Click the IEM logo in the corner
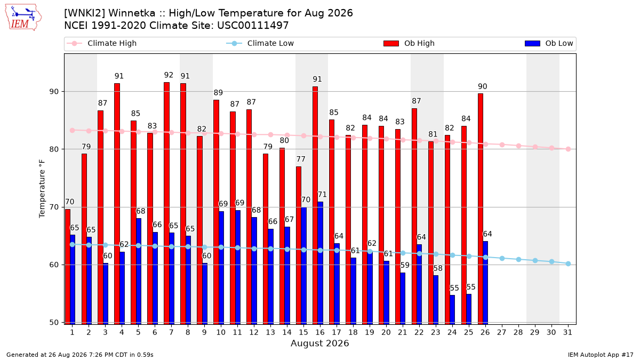(x=23, y=18)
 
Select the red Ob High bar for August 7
(x=166, y=203)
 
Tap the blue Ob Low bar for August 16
(x=321, y=263)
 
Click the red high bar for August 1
(x=68, y=267)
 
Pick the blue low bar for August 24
(x=452, y=310)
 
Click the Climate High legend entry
(x=101, y=43)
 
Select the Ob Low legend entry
(x=549, y=43)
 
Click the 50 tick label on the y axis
(x=54, y=322)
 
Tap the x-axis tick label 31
(x=567, y=332)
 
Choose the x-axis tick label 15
(x=303, y=332)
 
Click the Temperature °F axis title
(x=42, y=189)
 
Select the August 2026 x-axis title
(x=319, y=343)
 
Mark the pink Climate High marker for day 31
(x=569, y=149)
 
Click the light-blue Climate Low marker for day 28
(x=518, y=259)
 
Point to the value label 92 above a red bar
(x=169, y=75)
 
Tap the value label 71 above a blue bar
(x=322, y=195)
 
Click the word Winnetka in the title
(x=132, y=13)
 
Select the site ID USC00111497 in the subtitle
(x=253, y=26)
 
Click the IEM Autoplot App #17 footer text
(x=601, y=355)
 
